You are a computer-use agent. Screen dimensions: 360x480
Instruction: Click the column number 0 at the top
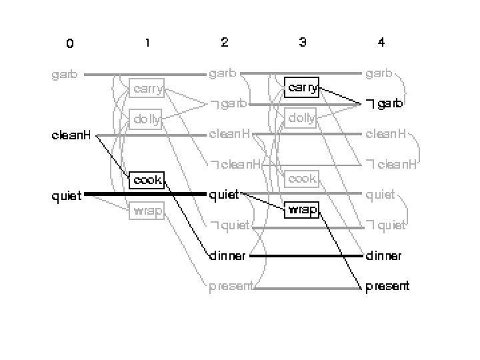click(x=70, y=44)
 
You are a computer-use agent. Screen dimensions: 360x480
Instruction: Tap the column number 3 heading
click(x=303, y=43)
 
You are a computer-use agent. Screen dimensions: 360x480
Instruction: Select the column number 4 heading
click(x=381, y=43)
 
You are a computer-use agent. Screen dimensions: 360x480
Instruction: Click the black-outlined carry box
click(x=301, y=87)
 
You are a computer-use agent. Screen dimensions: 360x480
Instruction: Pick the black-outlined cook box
click(x=147, y=180)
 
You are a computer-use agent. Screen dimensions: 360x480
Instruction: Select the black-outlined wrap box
click(x=301, y=209)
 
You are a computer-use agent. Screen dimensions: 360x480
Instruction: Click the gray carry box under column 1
click(x=147, y=89)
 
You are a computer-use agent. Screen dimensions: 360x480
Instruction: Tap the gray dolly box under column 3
click(x=301, y=119)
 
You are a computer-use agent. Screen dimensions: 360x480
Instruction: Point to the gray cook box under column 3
click(x=301, y=179)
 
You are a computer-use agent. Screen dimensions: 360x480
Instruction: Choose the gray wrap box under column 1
click(x=147, y=211)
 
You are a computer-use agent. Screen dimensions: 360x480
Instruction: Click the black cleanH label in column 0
click(x=71, y=136)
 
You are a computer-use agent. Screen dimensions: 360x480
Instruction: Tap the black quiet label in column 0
click(x=67, y=195)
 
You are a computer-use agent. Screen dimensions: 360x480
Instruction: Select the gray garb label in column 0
click(x=65, y=75)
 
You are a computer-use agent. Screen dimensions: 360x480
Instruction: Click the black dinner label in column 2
click(x=228, y=255)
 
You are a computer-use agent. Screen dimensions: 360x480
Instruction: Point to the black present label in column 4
click(x=387, y=287)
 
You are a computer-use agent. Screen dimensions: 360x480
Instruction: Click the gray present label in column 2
click(x=231, y=287)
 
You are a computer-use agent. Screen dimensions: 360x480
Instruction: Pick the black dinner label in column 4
click(x=383, y=255)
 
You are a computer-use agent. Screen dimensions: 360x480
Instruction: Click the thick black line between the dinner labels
click(x=306, y=255)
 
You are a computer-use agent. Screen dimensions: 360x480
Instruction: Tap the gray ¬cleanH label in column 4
click(x=391, y=164)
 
